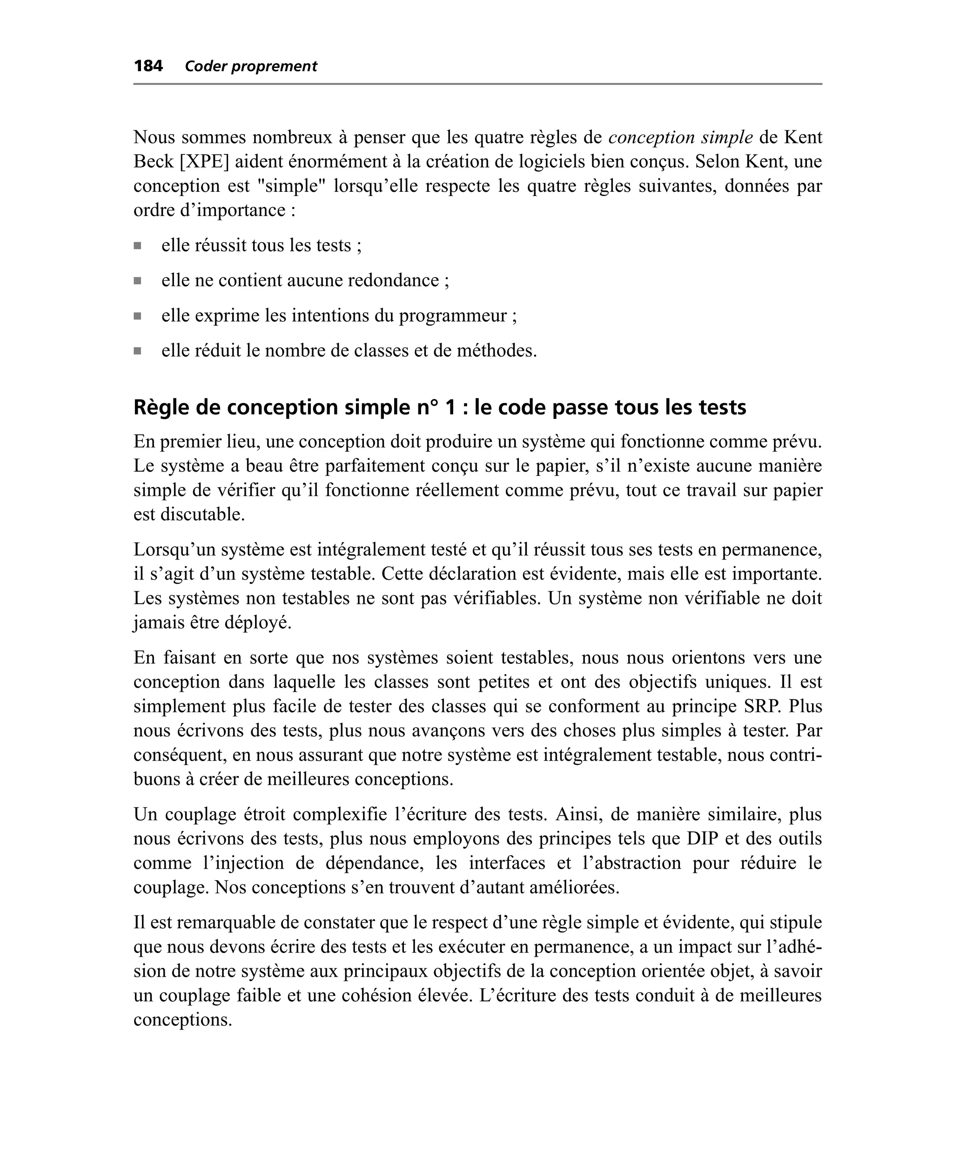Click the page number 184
pos(148,67)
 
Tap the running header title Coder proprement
pos(251,67)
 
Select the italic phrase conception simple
pos(681,137)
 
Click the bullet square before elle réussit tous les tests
pos(137,246)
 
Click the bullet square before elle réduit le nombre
pos(137,351)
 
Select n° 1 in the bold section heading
pos(436,407)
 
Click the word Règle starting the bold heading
pos(159,407)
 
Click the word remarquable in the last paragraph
pos(227,922)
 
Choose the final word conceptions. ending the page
pos(183,1020)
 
